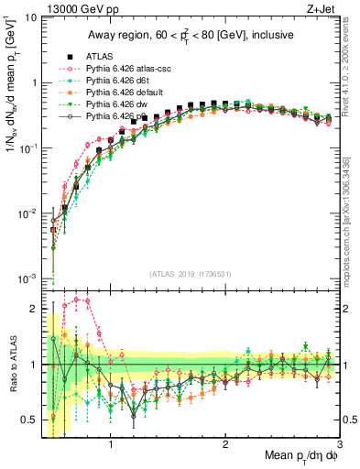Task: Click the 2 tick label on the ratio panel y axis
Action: [x=34, y=308]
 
